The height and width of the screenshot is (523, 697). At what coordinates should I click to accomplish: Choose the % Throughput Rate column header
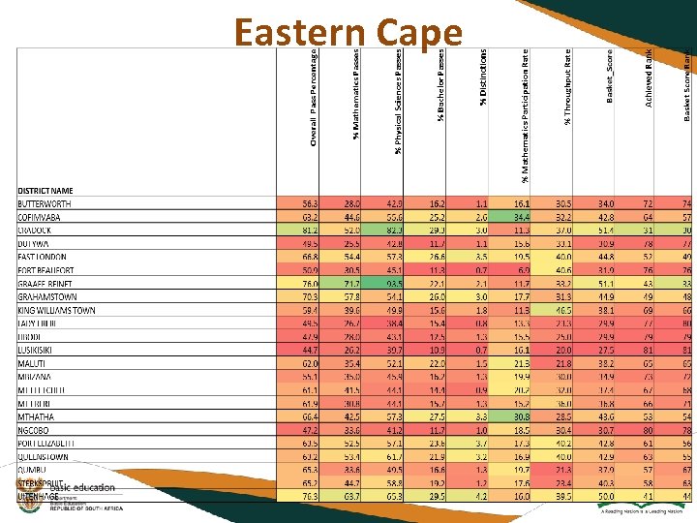[x=568, y=87]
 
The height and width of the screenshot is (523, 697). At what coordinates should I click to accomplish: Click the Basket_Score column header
[x=610, y=77]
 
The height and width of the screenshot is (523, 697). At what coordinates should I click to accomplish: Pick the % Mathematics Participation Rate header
[x=525, y=116]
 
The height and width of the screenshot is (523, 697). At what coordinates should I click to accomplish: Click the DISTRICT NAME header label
[x=45, y=191]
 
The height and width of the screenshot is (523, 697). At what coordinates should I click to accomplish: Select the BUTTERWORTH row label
[x=45, y=204]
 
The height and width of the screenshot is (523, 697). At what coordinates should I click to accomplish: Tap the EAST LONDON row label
[x=45, y=258]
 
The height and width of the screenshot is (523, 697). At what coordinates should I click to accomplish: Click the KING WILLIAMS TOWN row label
[x=56, y=310]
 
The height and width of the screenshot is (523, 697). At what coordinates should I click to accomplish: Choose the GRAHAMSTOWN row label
[x=47, y=297]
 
